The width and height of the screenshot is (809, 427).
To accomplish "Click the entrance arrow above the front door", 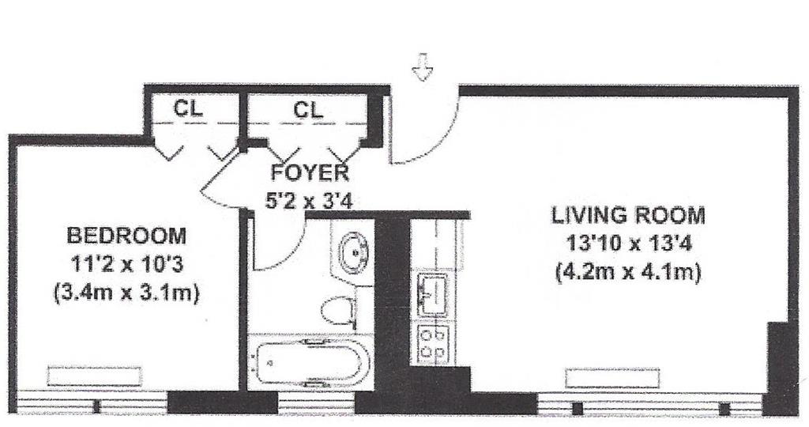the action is [423, 66].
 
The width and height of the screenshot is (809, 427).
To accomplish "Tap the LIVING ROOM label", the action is [628, 215].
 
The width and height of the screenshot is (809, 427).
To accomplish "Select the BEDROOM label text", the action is [126, 236].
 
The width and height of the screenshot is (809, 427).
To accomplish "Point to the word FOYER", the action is [310, 173].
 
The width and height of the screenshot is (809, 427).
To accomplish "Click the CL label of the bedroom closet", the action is [188, 108].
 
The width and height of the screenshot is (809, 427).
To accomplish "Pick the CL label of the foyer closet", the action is [309, 109].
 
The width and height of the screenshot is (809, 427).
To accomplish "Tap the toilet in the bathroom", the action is [338, 311].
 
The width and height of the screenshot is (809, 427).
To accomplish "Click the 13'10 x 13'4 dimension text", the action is [628, 243].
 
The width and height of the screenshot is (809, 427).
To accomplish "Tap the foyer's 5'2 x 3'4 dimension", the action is [309, 200].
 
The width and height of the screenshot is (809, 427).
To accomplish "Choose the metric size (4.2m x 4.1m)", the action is [628, 271].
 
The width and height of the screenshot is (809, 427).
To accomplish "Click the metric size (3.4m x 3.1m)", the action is [126, 294].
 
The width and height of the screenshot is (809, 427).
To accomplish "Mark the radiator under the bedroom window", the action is [95, 376].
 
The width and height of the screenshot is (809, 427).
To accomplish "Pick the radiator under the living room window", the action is [612, 378].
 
